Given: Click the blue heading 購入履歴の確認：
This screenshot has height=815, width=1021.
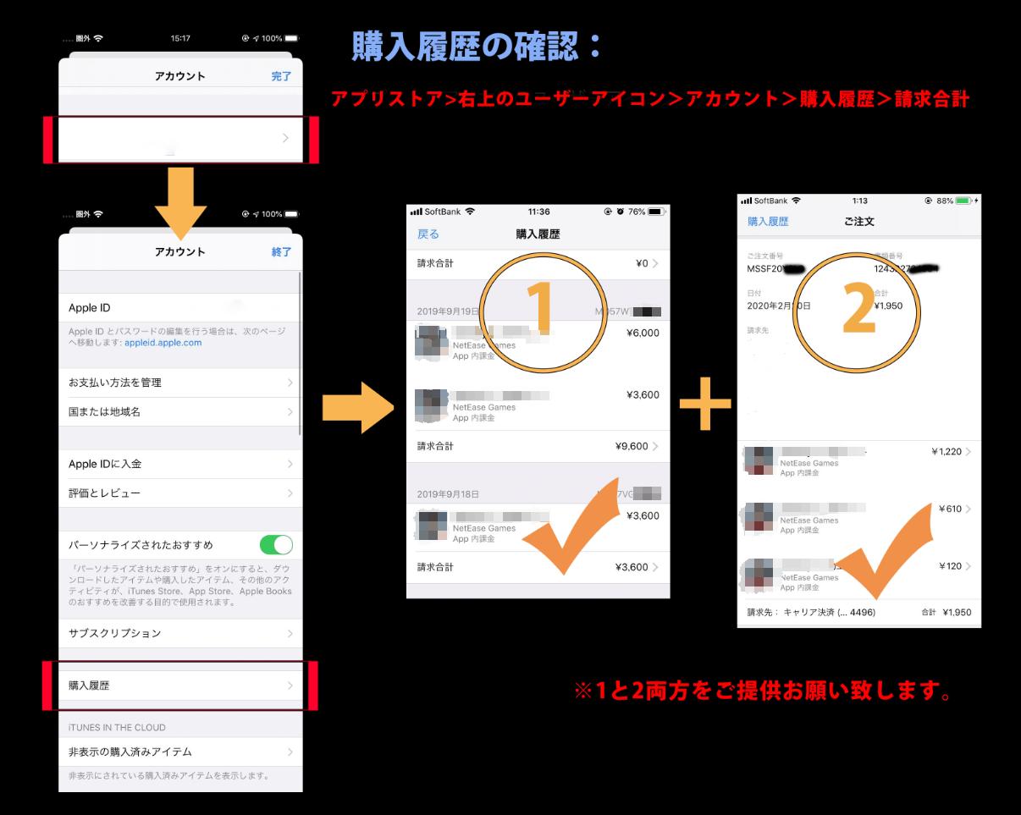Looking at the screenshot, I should pyautogui.click(x=477, y=47).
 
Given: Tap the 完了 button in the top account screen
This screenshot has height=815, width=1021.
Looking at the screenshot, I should pyautogui.click(x=281, y=76).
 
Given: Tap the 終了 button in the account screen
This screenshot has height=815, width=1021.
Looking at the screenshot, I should pyautogui.click(x=281, y=252).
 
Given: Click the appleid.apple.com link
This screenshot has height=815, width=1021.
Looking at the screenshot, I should pyautogui.click(x=163, y=343).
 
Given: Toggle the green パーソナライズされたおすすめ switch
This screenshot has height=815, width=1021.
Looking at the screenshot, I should pyautogui.click(x=276, y=544).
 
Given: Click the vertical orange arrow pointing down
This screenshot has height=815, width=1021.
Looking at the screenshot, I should pyautogui.click(x=180, y=199).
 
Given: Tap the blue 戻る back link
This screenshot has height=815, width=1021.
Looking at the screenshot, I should pyautogui.click(x=428, y=234).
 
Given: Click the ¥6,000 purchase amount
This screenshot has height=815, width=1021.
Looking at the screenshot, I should pyautogui.click(x=643, y=333).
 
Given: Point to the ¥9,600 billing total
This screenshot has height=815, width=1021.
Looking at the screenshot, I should pyautogui.click(x=632, y=446).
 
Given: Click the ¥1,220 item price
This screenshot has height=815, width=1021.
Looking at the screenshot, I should pyautogui.click(x=945, y=452).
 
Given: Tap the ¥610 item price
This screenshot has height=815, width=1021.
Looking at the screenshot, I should pyautogui.click(x=950, y=509).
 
